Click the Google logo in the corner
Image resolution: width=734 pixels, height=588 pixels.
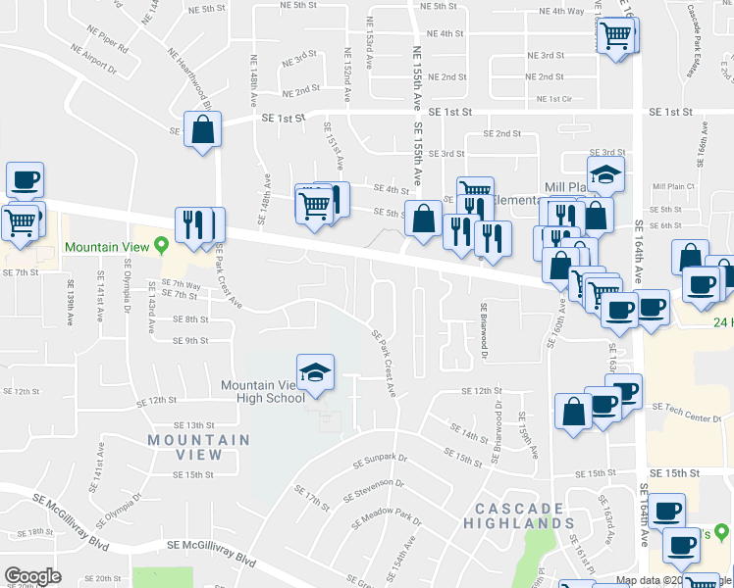coord(32,576)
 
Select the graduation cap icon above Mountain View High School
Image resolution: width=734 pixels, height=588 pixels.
coord(315,372)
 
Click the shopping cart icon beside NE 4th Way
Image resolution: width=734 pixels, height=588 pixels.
coord(615,37)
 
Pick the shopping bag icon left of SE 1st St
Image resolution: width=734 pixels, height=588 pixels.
coord(202,129)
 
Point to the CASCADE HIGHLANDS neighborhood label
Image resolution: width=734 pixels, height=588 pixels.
coord(521,515)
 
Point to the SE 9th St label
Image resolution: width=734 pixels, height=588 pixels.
coord(190,341)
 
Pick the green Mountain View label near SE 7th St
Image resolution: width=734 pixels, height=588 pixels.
coord(99,247)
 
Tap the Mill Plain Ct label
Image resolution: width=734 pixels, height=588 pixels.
coord(673,186)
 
